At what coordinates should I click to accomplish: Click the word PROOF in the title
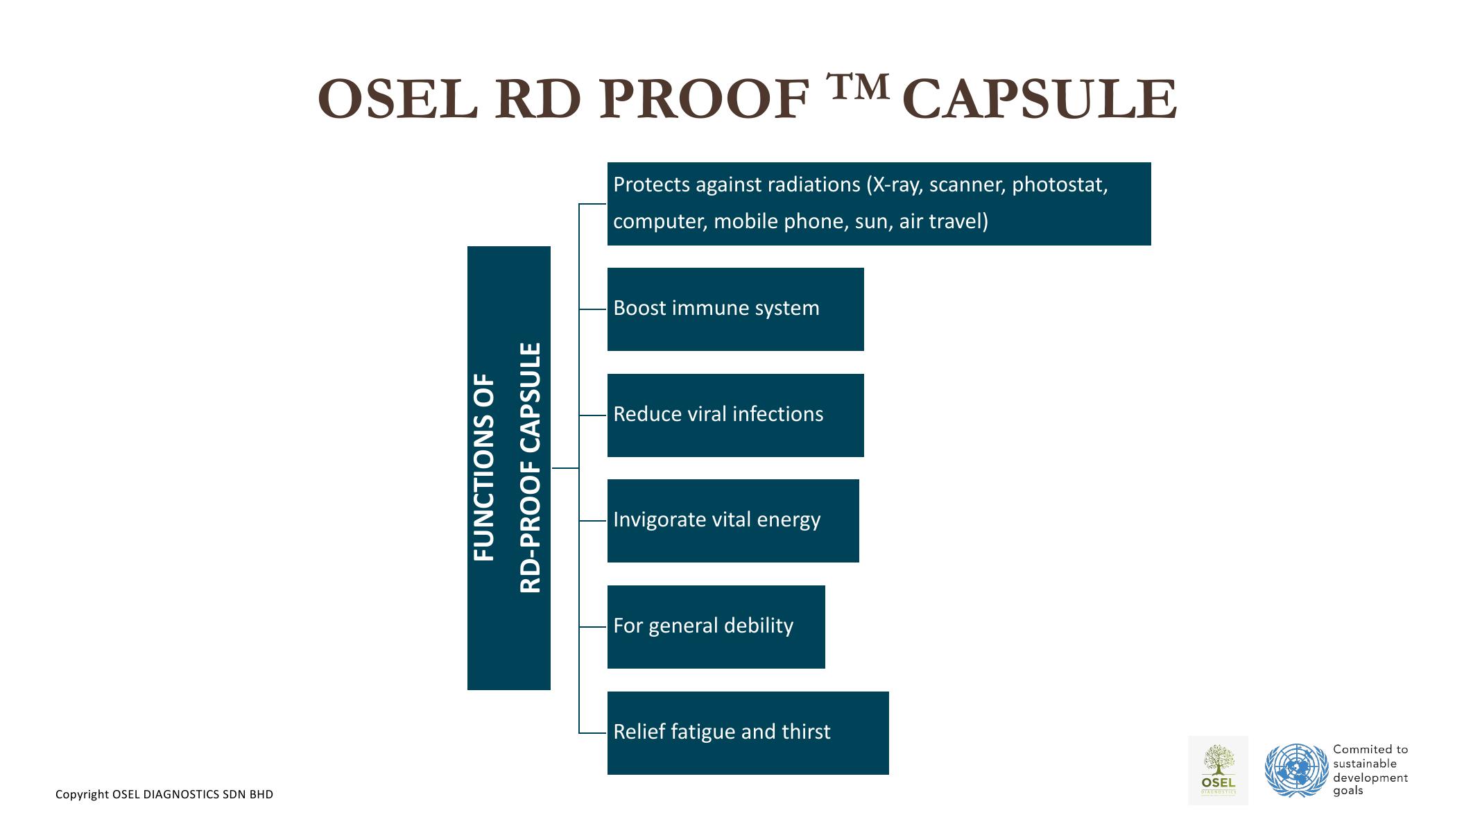coord(704,99)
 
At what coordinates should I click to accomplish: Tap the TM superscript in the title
coord(857,86)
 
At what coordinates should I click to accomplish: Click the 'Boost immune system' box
coord(735,309)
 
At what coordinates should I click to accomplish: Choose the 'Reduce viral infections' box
coord(735,415)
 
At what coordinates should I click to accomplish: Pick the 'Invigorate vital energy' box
coord(732,520)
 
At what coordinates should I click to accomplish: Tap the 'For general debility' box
coord(716,626)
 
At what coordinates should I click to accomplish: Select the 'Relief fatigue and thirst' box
coord(748,732)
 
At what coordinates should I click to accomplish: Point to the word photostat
coord(1059,184)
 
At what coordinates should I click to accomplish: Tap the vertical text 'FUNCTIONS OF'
coord(484,467)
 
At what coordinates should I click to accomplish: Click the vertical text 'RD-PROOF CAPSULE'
coord(531,467)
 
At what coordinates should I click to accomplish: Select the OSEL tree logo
coord(1218,770)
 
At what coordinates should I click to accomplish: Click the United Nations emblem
coord(1295,770)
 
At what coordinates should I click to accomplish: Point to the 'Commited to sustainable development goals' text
coord(1370,770)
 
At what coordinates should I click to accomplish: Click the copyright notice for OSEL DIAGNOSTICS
coord(164,794)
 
